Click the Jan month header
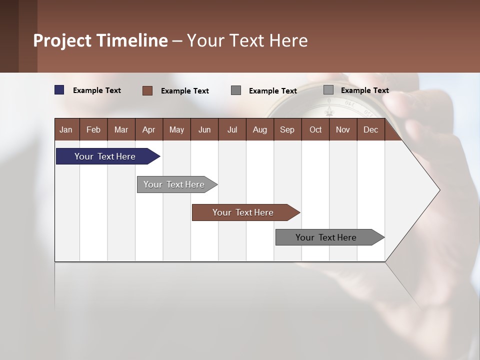click(x=66, y=129)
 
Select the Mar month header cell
click(x=121, y=129)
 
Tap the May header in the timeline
click(x=176, y=129)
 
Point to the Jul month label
click(x=232, y=129)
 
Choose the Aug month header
click(x=259, y=129)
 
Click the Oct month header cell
click(x=315, y=129)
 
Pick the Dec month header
click(x=370, y=129)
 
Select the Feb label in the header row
click(x=93, y=129)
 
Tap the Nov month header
click(x=343, y=129)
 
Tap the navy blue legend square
click(x=59, y=90)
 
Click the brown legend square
click(x=147, y=90)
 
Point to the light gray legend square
click(x=328, y=90)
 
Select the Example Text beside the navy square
click(x=97, y=90)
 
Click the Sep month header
click(x=287, y=129)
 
